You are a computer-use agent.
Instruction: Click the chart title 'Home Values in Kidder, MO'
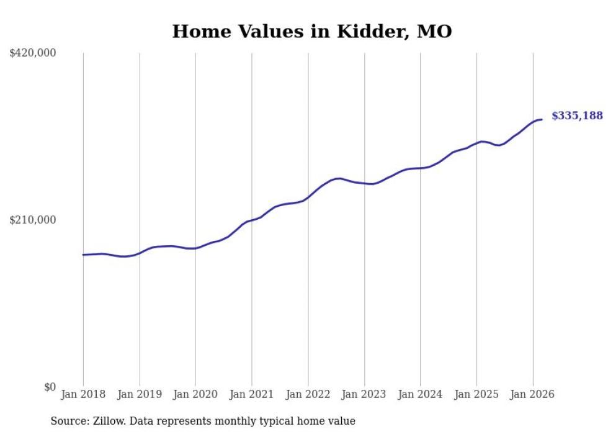point(312,31)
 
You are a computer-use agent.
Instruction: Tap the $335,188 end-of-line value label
point(577,115)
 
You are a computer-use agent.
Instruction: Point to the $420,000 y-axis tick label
point(33,53)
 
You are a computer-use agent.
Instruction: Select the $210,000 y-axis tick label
point(33,220)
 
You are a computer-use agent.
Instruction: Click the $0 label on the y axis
point(50,387)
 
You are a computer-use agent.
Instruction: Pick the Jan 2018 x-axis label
point(83,394)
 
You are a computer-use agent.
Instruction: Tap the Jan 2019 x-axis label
point(140,394)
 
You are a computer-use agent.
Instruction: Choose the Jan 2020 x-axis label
point(195,394)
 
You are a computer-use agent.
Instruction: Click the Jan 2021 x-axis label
point(252,394)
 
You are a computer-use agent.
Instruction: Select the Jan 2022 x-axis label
point(308,394)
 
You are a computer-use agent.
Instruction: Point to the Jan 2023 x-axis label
point(364,394)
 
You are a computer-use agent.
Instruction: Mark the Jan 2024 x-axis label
point(421,394)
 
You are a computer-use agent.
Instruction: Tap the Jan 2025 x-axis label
point(476,394)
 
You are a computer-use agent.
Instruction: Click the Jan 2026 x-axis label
point(533,394)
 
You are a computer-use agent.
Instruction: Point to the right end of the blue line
point(542,119)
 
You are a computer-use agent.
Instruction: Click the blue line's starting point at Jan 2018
point(83,255)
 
